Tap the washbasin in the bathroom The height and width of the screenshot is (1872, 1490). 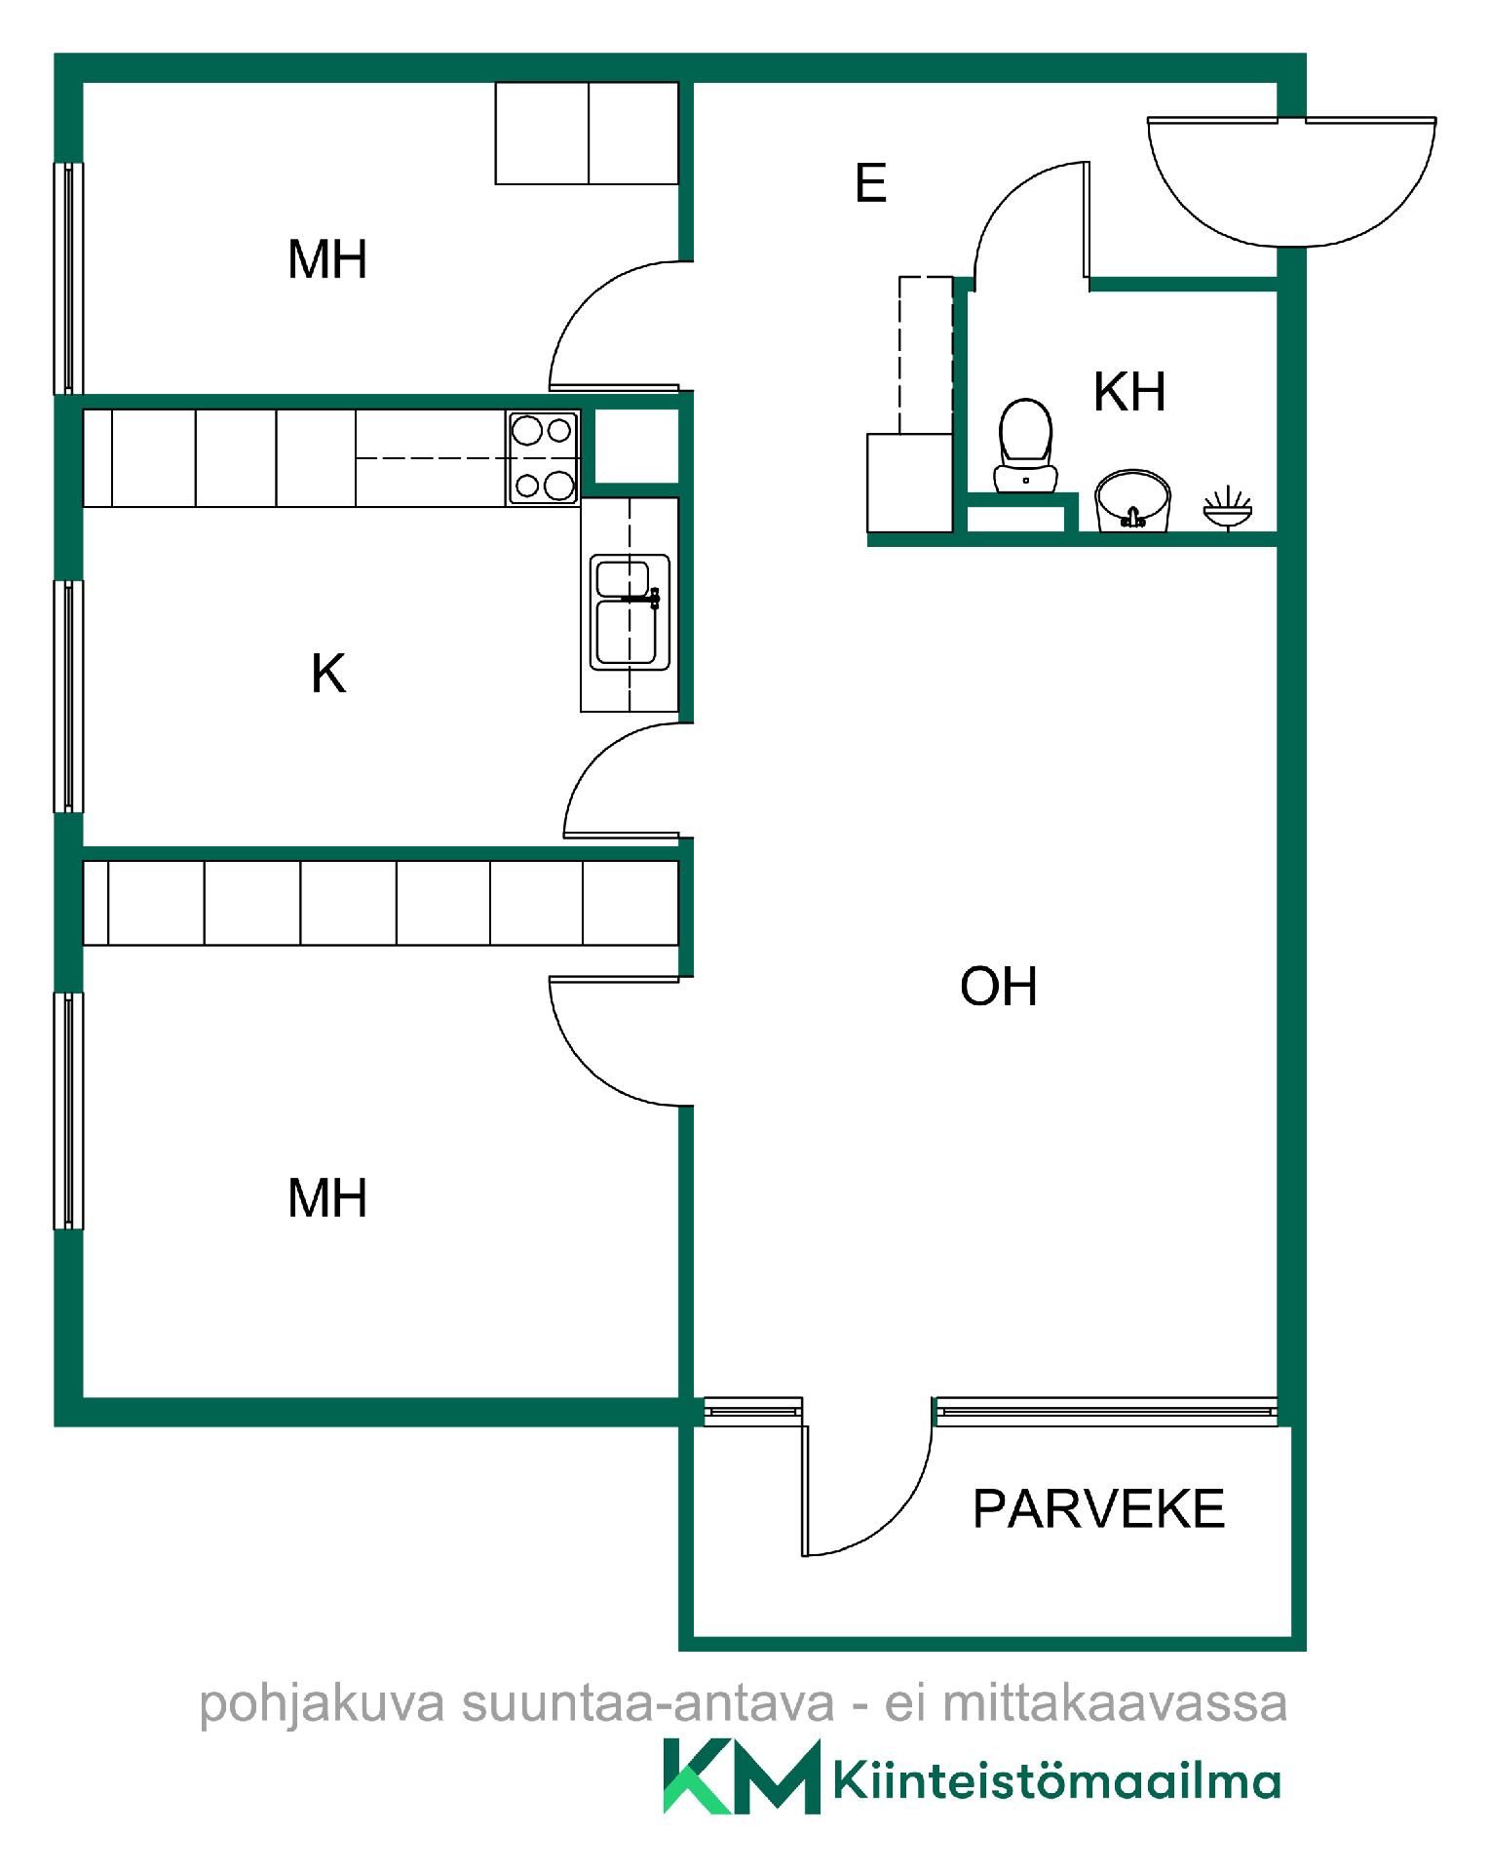(x=1132, y=500)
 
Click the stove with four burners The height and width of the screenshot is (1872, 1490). (x=543, y=457)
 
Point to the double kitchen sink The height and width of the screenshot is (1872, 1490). (x=630, y=612)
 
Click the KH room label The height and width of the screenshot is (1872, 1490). (x=1129, y=392)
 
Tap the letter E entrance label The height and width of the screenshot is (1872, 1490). (x=870, y=183)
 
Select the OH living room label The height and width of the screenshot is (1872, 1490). (x=998, y=987)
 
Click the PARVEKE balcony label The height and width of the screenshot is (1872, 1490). (x=1098, y=1508)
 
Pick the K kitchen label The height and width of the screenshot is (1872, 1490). (x=328, y=673)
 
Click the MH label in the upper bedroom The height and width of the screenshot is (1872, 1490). (x=327, y=259)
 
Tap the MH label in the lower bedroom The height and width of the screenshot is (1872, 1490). (x=327, y=1198)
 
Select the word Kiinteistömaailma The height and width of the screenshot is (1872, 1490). (x=1057, y=1780)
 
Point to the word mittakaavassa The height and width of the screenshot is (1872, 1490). (x=1115, y=1703)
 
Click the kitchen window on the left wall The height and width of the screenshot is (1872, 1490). (x=68, y=696)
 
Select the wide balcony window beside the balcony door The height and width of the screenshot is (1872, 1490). (x=1106, y=1411)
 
